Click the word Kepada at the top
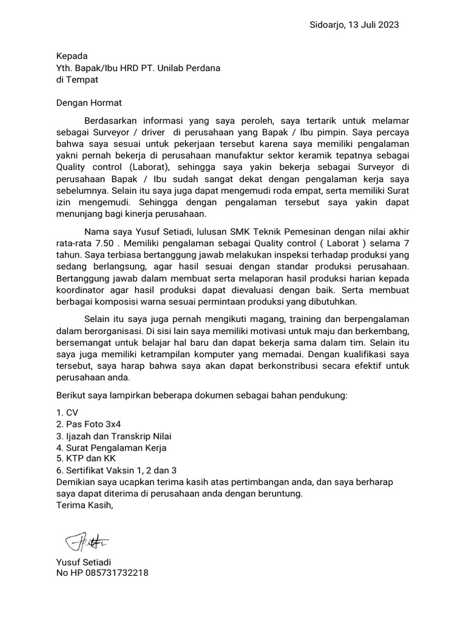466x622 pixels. click(72, 56)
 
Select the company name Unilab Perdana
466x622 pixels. click(189, 67)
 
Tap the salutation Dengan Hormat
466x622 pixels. click(89, 103)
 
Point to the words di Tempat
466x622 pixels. click(76, 79)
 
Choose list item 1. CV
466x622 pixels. click(63, 412)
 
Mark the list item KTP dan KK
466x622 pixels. click(85, 459)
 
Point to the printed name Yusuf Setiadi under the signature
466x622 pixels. click(83, 562)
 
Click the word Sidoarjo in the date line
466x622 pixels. click(328, 25)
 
